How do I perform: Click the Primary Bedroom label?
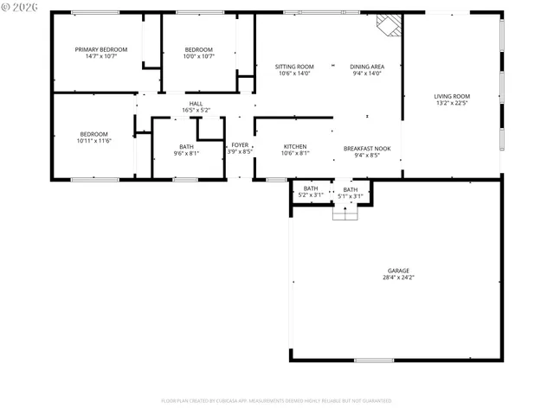click(100, 50)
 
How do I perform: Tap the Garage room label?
click(398, 271)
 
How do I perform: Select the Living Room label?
click(452, 96)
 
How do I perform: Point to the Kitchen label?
click(294, 147)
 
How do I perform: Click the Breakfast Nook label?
click(367, 149)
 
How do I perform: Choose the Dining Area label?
click(367, 67)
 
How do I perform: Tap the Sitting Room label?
click(294, 67)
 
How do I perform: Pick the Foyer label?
click(240, 145)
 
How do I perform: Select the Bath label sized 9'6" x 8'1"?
click(187, 147)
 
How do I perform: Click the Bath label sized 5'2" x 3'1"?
click(311, 188)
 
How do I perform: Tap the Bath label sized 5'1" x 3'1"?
click(350, 189)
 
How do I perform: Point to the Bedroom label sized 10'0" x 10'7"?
click(198, 50)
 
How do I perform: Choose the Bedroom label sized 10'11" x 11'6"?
click(94, 134)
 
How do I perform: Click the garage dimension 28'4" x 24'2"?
click(398, 278)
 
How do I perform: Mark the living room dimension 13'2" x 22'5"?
click(452, 103)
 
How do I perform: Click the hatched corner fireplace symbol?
click(389, 25)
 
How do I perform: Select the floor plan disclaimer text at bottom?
click(276, 401)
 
